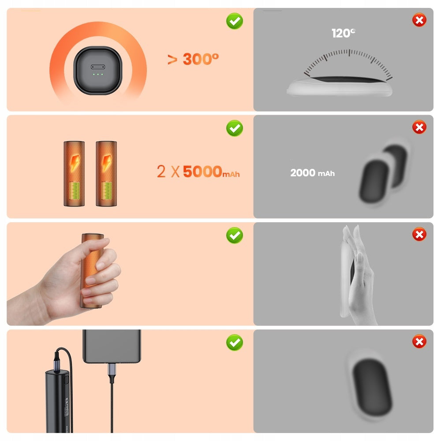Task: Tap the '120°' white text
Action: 344,33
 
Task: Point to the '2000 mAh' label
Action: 313,173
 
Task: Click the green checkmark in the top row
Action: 235,21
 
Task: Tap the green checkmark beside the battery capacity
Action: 235,128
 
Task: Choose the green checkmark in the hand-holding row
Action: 235,235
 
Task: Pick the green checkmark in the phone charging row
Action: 235,342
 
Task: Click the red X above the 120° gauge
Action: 419,20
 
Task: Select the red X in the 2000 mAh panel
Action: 419,127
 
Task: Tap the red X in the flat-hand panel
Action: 419,234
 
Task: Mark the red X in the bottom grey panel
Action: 419,341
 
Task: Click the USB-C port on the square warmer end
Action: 98,67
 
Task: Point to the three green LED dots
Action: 98,74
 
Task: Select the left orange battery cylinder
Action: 74,173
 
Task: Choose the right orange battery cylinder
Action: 106,173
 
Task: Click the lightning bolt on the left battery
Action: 75,162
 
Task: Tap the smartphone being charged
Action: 112,346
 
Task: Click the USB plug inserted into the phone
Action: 112,370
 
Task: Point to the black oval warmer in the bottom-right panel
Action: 371,387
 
